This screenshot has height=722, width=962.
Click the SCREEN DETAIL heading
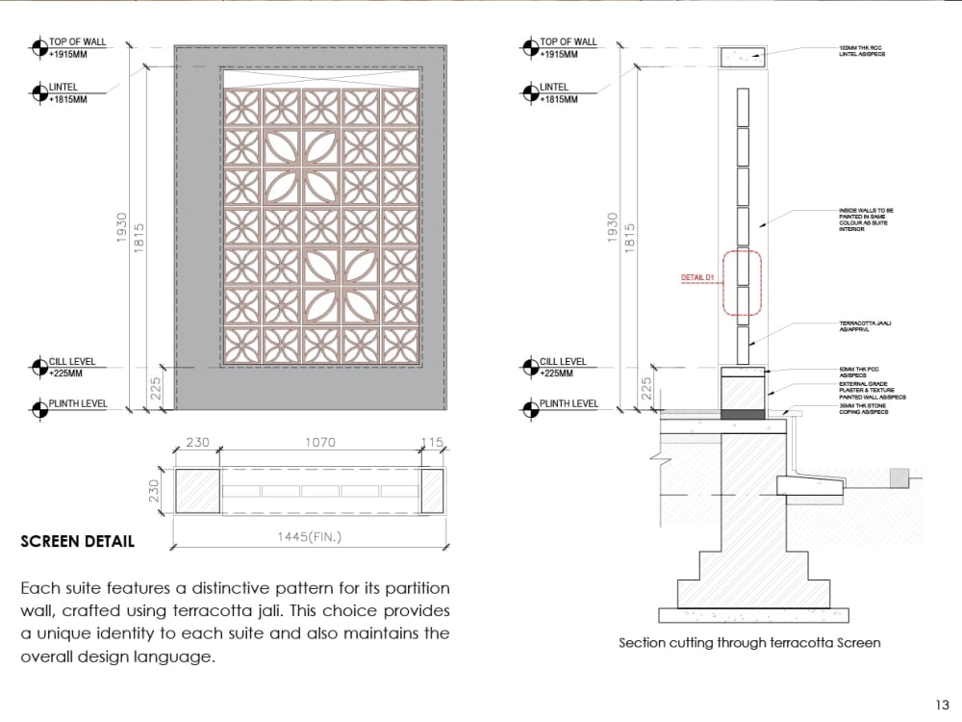coord(78,541)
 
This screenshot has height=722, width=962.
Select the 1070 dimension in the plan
coord(320,443)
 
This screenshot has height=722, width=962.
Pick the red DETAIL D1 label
coord(697,278)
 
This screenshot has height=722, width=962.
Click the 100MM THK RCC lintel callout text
coord(862,50)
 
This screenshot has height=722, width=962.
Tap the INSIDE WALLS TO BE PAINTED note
coord(866,219)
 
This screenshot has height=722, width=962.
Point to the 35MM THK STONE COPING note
coord(864,409)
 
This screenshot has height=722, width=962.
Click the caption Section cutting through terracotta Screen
coord(749,642)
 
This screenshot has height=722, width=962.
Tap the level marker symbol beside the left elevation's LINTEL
coord(39,93)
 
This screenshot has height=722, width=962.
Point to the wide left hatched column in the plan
coord(196,491)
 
